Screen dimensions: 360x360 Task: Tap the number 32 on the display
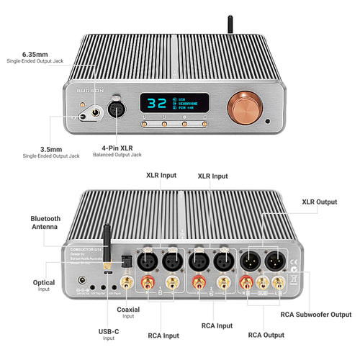coord(156,103)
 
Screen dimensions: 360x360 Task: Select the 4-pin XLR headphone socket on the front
coord(114,110)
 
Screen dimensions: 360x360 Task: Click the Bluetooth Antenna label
coord(45,222)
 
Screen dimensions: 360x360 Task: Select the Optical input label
coord(44,283)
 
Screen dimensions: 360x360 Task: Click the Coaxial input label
coord(127,310)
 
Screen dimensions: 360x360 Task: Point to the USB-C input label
coord(108,331)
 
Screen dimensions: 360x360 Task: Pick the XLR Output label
coord(319,202)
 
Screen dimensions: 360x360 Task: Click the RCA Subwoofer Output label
coord(316,314)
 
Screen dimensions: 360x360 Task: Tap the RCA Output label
coord(266,335)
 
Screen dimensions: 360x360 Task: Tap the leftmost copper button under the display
coord(145,124)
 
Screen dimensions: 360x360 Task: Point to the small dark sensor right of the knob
coord(268,121)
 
